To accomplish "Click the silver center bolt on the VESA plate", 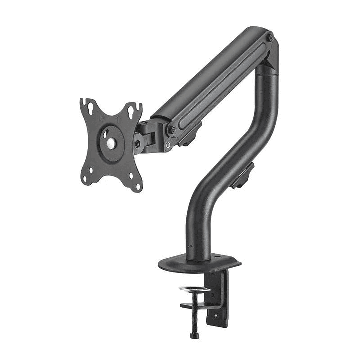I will click(x=110, y=142).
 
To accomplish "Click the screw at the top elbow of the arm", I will click(x=271, y=38).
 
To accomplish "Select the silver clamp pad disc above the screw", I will click(x=195, y=290).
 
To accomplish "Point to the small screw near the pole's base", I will click(x=189, y=246).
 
